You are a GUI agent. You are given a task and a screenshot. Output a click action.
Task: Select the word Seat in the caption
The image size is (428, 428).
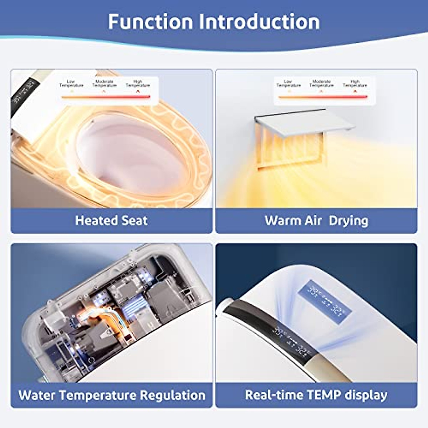tap(134, 220)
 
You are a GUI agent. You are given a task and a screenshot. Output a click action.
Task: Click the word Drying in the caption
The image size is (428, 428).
tap(348, 220)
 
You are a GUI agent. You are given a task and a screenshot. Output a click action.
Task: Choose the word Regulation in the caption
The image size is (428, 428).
tap(173, 395)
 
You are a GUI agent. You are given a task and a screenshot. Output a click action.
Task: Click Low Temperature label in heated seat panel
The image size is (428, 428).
tap(71, 84)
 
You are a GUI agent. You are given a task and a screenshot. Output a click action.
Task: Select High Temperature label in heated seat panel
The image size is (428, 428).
tap(138, 84)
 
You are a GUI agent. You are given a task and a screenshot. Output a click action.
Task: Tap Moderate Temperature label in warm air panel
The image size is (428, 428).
tap(321, 83)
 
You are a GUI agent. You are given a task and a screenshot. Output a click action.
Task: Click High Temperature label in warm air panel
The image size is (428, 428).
tap(355, 83)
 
